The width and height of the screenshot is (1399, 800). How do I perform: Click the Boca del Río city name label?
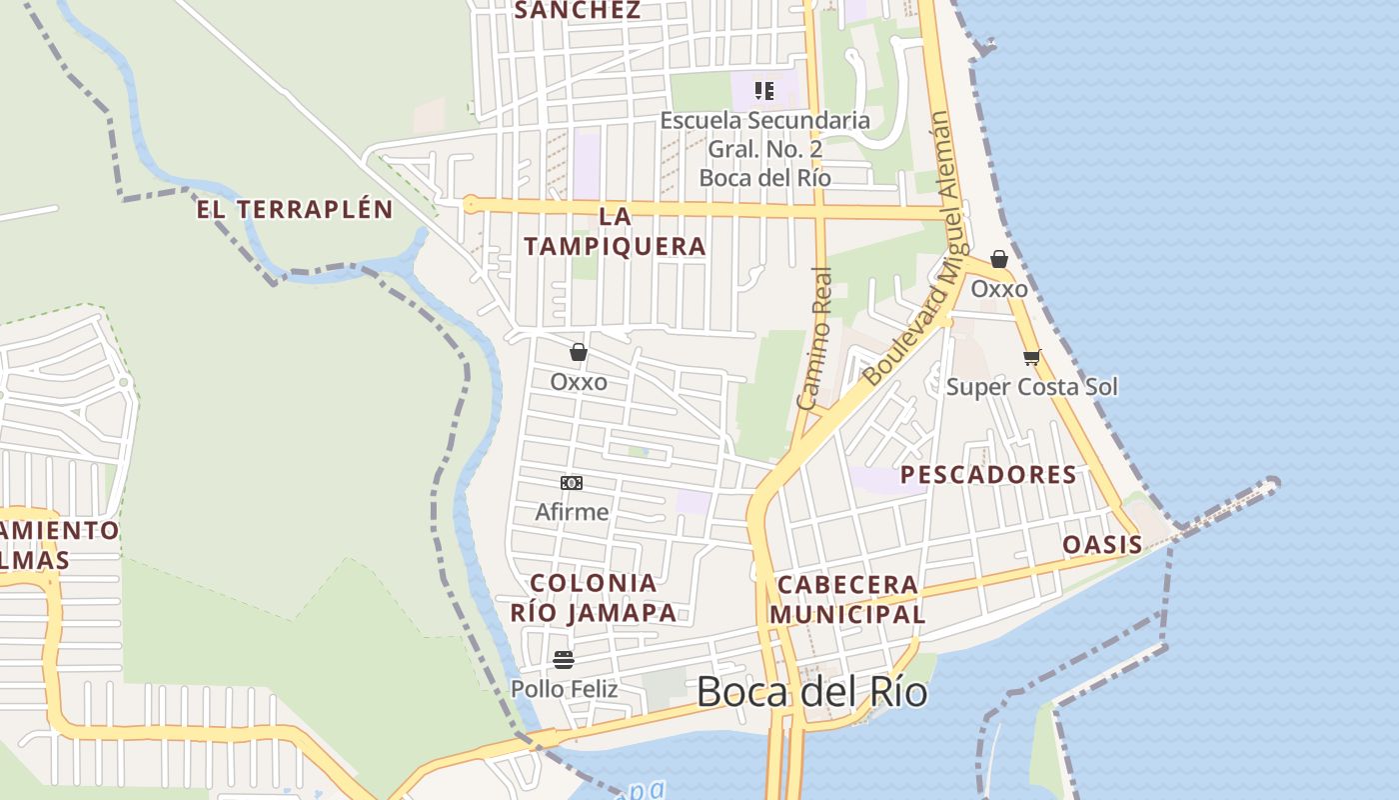(x=811, y=692)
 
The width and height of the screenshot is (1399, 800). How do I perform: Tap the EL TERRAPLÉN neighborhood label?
(x=294, y=210)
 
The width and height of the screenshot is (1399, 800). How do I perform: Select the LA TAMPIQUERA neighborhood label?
(x=615, y=231)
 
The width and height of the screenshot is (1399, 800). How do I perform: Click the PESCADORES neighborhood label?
(x=988, y=475)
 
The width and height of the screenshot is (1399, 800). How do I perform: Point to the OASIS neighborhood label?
(x=1102, y=545)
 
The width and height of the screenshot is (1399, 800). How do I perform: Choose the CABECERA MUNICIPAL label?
(x=847, y=600)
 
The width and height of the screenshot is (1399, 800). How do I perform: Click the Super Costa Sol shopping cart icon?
(x=1031, y=357)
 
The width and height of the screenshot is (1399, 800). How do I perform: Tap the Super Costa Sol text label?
(x=1032, y=387)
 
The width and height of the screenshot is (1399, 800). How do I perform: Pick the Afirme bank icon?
(x=572, y=483)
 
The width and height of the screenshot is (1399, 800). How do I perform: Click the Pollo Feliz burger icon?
(x=564, y=659)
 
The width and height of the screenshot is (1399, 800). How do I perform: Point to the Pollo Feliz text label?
(x=564, y=689)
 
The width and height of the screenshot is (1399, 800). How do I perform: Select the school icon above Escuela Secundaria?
(x=764, y=91)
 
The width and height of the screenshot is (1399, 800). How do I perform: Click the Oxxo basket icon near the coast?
(x=998, y=260)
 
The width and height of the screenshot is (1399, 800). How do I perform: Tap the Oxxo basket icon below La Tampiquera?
(x=579, y=352)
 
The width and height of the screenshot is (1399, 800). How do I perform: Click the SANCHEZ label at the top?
(x=577, y=10)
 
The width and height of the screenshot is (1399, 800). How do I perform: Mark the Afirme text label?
(x=572, y=512)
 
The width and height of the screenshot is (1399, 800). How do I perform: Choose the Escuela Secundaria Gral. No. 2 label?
(x=764, y=149)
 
